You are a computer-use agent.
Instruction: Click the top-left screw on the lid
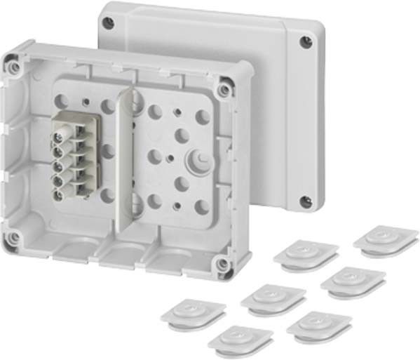point(108,22)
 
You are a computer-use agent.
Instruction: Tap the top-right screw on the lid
point(305,42)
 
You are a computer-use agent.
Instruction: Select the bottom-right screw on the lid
point(305,202)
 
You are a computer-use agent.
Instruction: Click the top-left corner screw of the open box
point(14,67)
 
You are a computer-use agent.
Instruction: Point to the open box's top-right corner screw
point(224,91)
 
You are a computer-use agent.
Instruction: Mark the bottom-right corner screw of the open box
point(222,265)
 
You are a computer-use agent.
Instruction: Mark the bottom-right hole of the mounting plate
point(201,207)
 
